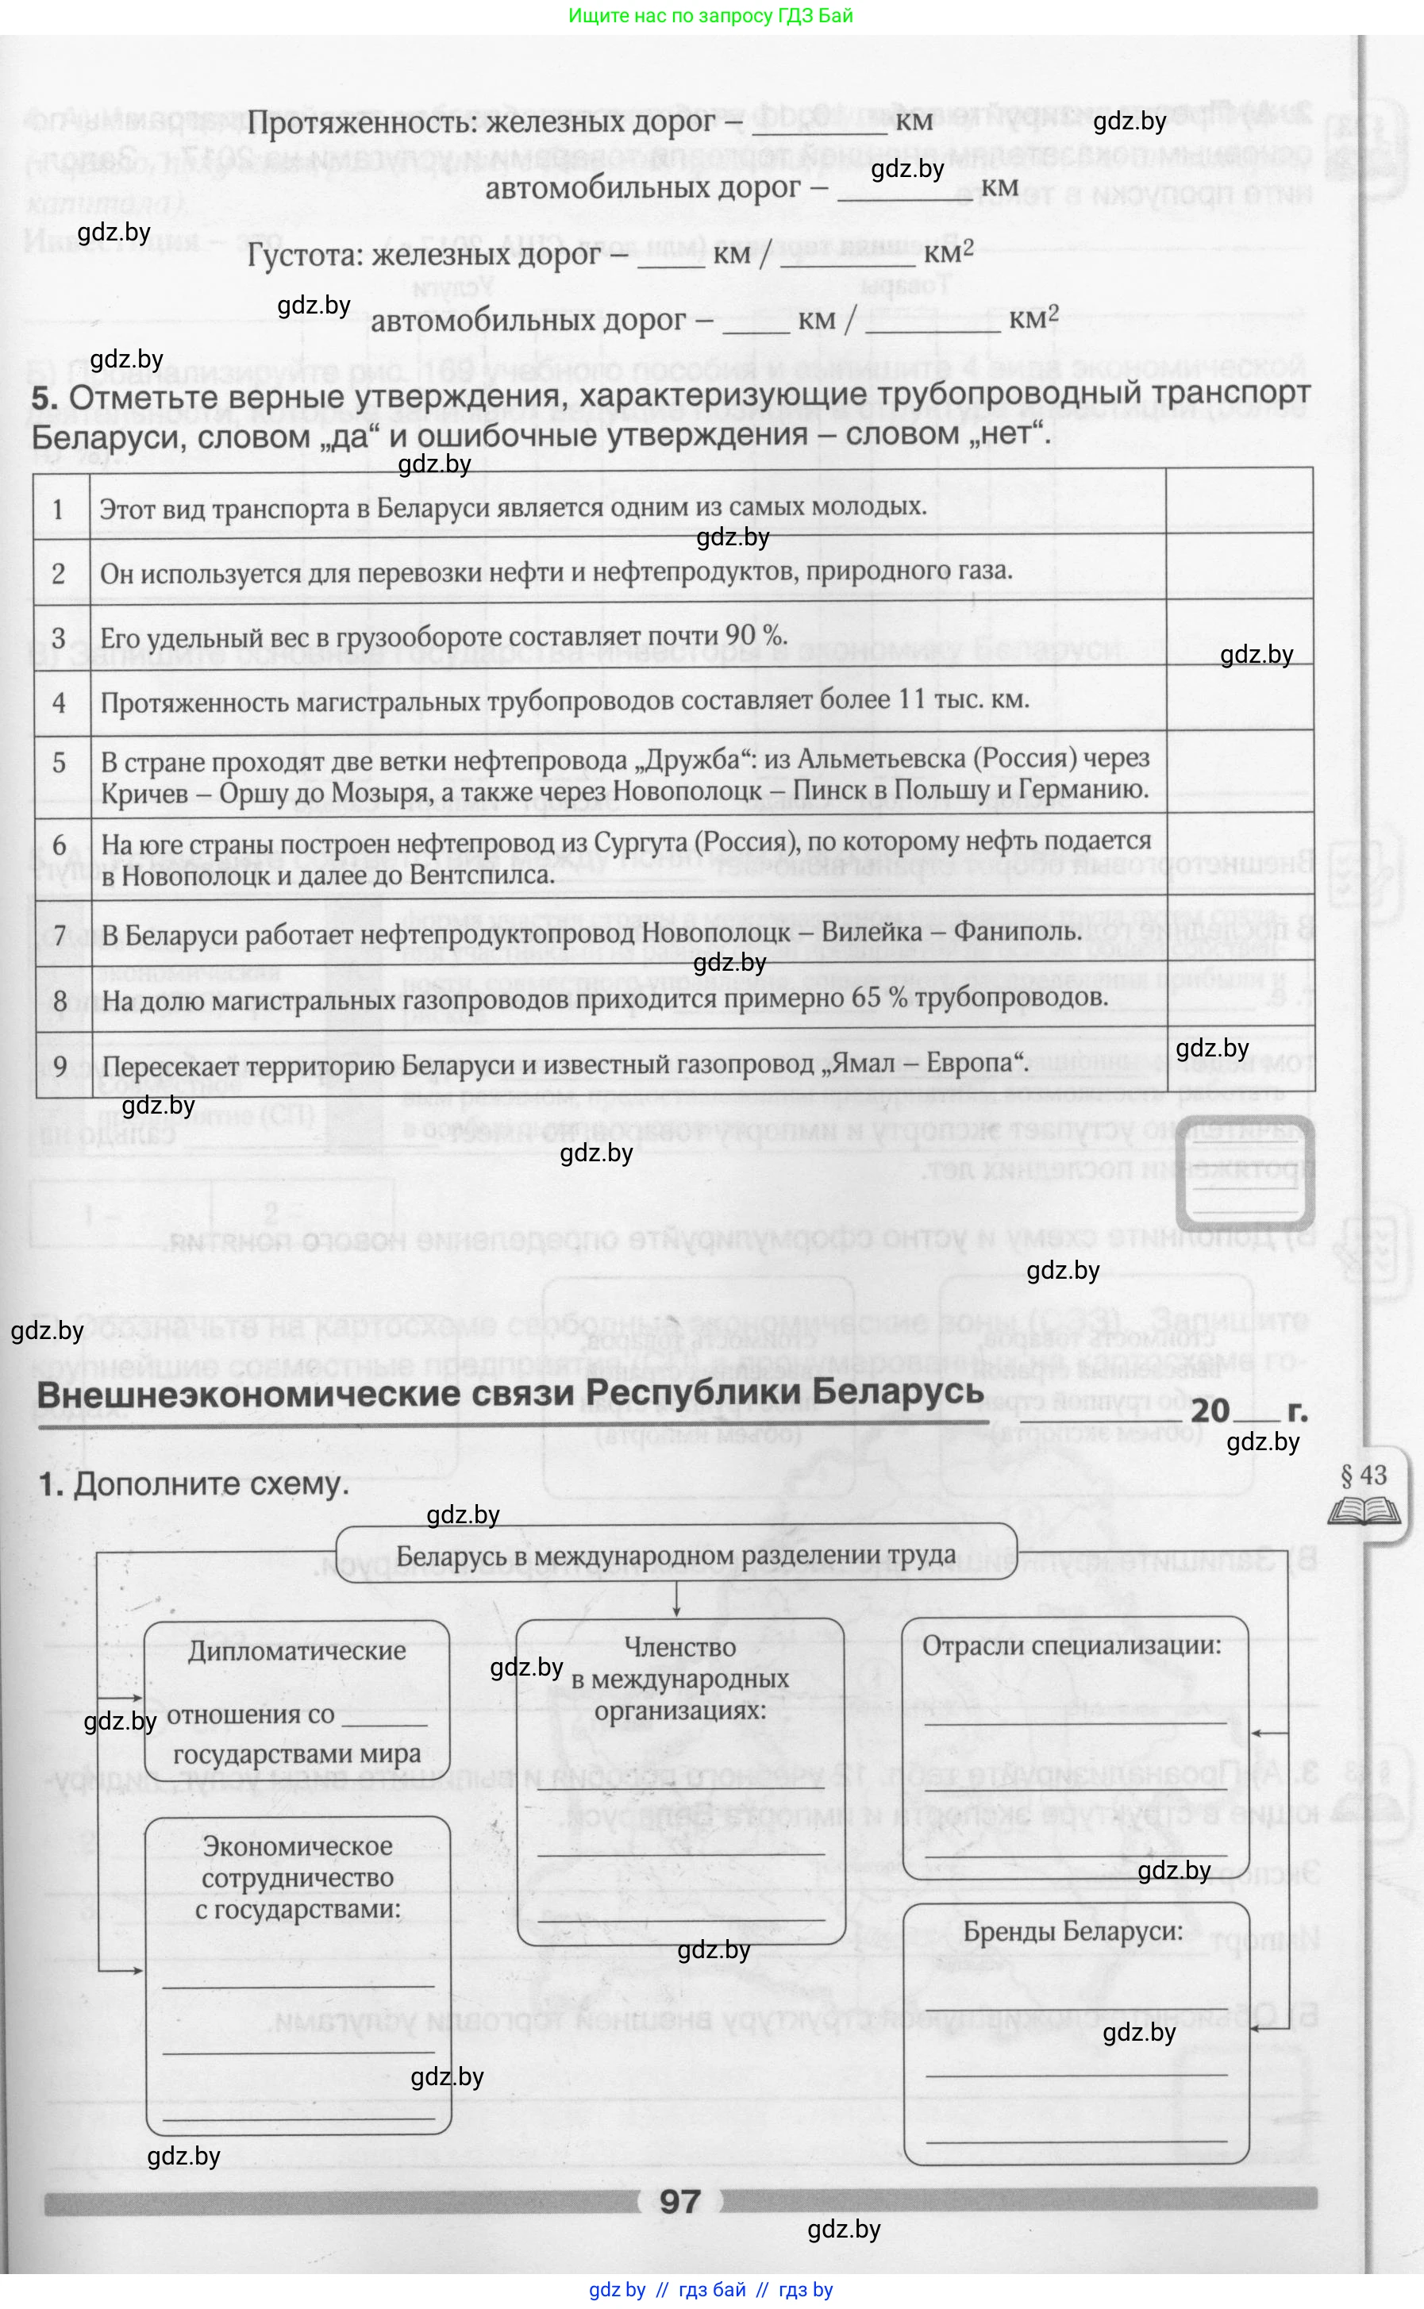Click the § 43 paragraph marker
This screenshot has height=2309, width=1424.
click(1363, 1475)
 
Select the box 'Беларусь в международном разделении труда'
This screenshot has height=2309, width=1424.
click(675, 1555)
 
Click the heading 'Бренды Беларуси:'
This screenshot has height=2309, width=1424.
click(1072, 1932)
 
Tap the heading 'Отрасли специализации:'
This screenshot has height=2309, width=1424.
click(1071, 1645)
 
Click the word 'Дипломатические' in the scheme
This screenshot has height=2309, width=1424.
click(297, 1651)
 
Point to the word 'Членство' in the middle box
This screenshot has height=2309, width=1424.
click(680, 1647)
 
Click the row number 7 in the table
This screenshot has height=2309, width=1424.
click(60, 935)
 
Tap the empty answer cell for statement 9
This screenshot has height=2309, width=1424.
click(1238, 1064)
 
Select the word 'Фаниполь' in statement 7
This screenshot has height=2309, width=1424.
click(1016, 933)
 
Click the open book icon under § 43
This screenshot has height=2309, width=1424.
click(1363, 1512)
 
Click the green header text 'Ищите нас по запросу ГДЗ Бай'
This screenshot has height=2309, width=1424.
click(711, 16)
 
